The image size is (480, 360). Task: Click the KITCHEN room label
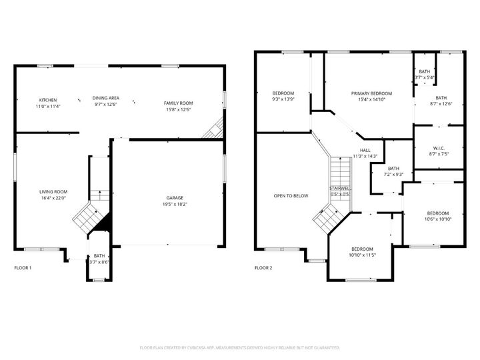(x=47, y=100)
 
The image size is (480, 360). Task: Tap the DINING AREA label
(x=106, y=98)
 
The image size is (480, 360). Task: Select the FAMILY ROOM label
(x=179, y=103)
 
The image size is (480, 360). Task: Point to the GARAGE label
(x=175, y=197)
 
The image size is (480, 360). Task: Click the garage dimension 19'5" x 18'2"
(x=175, y=204)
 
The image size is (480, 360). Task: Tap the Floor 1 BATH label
(x=99, y=256)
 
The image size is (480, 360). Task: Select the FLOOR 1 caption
(x=23, y=268)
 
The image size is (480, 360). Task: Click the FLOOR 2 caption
(x=263, y=268)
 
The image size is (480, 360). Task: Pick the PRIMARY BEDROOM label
(x=372, y=93)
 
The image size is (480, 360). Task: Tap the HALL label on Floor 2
(x=365, y=150)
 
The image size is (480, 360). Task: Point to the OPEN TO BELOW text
(x=291, y=195)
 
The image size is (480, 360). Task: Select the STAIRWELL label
(x=339, y=189)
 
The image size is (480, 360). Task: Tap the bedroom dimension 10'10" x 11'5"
(x=363, y=255)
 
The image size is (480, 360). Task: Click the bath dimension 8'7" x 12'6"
(x=441, y=103)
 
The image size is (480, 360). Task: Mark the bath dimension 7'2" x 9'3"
(x=393, y=174)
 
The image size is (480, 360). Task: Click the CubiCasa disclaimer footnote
(x=240, y=347)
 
